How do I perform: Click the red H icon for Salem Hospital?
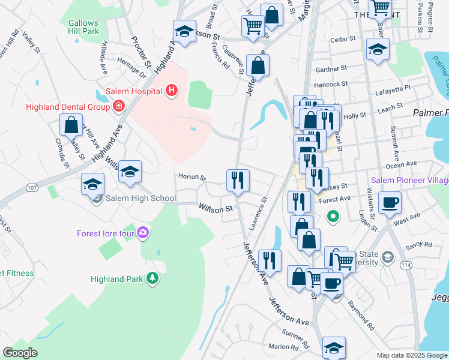[x=172, y=91]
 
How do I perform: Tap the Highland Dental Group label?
[x=67, y=107]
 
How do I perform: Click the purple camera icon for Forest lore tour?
[x=143, y=232]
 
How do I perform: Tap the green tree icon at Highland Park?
[x=152, y=278]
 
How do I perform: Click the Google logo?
[x=20, y=352]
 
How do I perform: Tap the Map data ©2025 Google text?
[x=412, y=355]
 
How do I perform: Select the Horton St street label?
[x=191, y=177]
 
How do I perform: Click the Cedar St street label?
[x=343, y=40]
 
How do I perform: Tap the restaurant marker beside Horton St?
[x=238, y=179]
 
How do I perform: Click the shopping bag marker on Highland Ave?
[x=71, y=125]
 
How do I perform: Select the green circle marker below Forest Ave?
[x=331, y=215]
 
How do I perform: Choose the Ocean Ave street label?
[x=402, y=164]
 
